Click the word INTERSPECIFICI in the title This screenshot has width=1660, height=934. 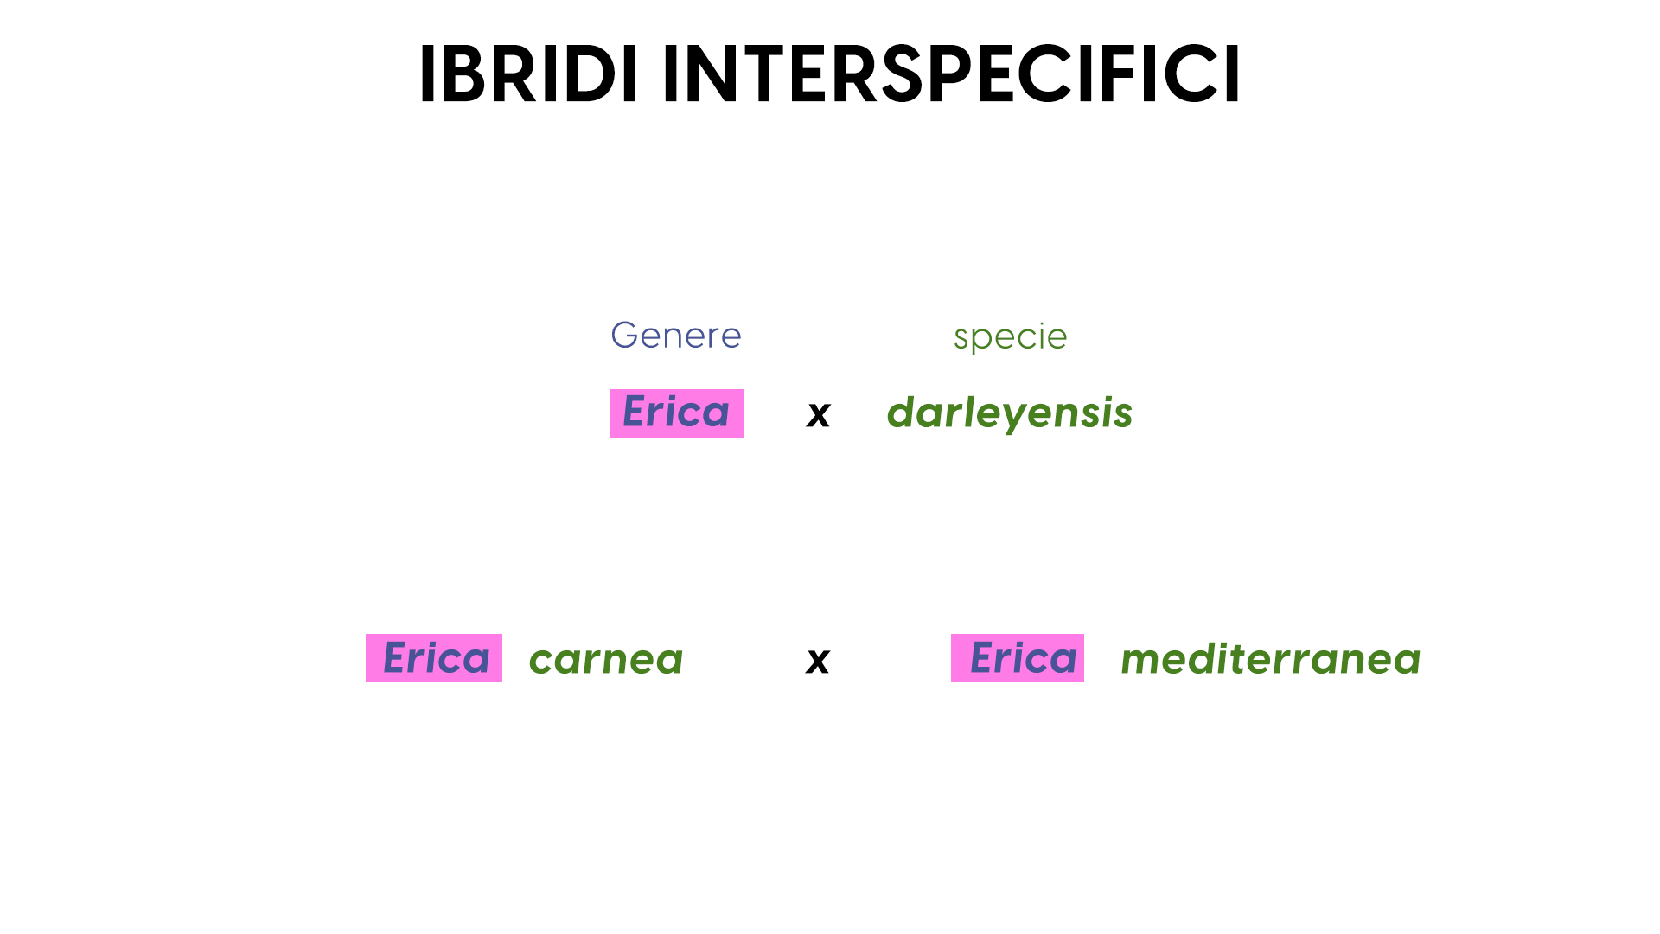click(951, 75)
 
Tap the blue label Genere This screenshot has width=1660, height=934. click(676, 335)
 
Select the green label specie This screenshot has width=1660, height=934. click(1010, 337)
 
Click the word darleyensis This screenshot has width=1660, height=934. click(1010, 413)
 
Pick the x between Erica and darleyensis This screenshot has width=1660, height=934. click(818, 415)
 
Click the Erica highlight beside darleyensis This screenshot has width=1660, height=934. click(677, 413)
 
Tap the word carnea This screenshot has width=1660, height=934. click(606, 660)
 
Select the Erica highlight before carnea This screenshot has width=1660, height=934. click(434, 658)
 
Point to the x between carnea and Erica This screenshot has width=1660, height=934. click(818, 662)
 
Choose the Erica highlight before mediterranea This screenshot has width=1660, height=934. click(1018, 658)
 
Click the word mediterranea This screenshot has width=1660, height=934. click(1271, 659)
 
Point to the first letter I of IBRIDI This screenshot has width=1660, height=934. click(426, 75)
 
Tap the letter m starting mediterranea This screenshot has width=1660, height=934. click(1144, 662)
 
